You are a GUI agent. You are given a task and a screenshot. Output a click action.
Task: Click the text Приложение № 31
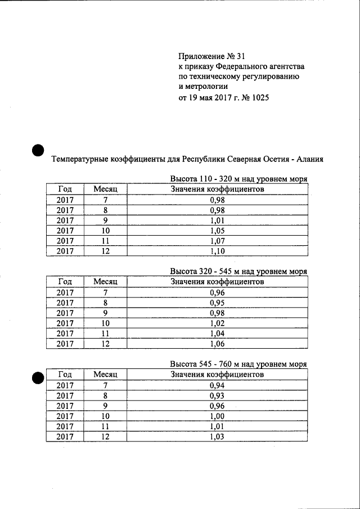click(x=212, y=56)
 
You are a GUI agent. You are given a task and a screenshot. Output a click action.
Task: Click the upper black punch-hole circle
click(x=38, y=150)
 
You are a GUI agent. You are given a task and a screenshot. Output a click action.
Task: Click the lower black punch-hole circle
click(x=38, y=377)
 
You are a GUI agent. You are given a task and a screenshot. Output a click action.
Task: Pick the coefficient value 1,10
click(x=217, y=251)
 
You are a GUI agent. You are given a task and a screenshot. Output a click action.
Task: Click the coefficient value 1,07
click(x=217, y=241)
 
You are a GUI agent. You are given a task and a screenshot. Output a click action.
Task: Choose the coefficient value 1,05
click(x=217, y=231)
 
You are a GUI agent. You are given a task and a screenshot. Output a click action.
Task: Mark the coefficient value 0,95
click(x=217, y=302)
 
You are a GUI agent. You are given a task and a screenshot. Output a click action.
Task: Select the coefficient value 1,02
click(x=217, y=323)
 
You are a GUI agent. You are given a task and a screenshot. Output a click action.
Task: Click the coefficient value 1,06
click(x=217, y=344)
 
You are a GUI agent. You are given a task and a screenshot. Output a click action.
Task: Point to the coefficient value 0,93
click(x=217, y=395)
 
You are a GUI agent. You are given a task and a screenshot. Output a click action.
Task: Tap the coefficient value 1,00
click(x=217, y=416)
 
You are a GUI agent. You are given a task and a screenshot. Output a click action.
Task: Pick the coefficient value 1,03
click(x=217, y=436)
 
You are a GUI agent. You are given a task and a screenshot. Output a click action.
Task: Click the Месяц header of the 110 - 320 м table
click(x=105, y=189)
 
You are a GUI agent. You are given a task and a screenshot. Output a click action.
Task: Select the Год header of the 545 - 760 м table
click(x=65, y=374)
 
